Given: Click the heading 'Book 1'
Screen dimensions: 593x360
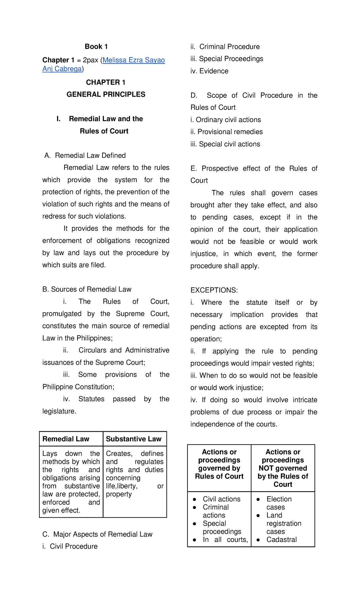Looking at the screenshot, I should tap(96, 47).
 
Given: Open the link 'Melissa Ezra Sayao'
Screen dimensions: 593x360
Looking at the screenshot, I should tap(133, 60).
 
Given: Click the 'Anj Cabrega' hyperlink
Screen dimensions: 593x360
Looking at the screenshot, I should tap(62, 69).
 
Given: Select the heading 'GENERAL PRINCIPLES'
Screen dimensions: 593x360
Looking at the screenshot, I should tap(106, 94).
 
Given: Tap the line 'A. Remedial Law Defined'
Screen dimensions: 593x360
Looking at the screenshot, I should tap(85, 155).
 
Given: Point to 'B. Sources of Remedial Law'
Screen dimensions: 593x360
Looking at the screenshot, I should tap(87, 289).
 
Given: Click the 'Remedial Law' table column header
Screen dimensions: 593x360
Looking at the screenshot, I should tap(66, 439).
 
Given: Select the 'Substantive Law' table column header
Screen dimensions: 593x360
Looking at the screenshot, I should tap(133, 439).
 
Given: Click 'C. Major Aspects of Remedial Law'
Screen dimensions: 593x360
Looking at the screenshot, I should tap(97, 534).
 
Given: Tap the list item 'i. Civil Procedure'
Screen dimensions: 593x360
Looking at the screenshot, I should tap(70, 546).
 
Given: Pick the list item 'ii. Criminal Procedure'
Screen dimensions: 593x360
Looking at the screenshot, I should tap(225, 47).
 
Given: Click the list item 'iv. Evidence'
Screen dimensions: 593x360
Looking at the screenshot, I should tap(209, 71).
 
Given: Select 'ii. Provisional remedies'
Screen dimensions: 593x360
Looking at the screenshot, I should tap(226, 132).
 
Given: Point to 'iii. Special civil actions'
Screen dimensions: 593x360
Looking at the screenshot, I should tap(225, 144).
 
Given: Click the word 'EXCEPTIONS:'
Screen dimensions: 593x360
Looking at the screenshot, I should tap(214, 290).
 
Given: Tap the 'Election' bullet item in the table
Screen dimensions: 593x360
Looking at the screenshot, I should tap(279, 499).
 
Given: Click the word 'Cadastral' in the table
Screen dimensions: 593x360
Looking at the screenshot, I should tap(281, 540).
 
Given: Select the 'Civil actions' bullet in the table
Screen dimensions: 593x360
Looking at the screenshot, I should tap(221, 499).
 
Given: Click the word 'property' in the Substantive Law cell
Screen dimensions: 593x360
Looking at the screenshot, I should tap(119, 494).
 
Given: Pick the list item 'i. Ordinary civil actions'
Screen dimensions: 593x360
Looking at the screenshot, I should tap(226, 120).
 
